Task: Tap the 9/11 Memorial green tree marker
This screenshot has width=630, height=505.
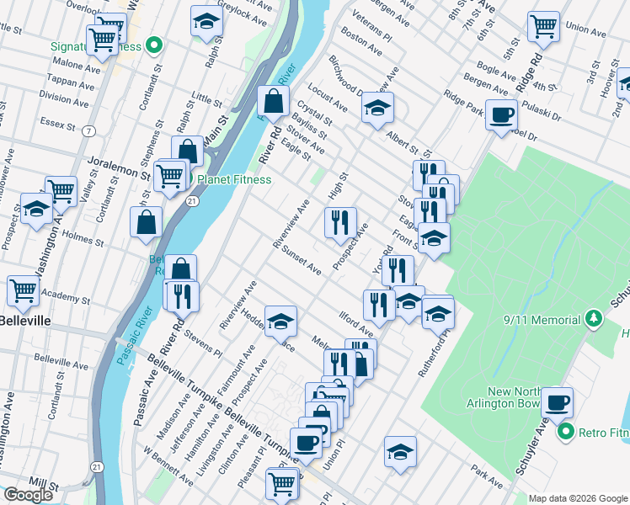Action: (x=595, y=318)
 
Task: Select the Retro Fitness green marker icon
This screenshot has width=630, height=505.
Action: (x=565, y=433)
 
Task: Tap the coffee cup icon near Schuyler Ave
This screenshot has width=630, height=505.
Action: (x=557, y=401)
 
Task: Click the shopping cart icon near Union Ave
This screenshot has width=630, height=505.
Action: (x=543, y=25)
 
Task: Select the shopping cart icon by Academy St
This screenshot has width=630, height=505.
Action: (x=23, y=290)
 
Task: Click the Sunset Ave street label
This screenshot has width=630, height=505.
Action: (x=302, y=261)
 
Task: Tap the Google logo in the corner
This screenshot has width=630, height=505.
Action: (x=28, y=495)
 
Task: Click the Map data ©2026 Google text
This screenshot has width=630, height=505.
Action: (x=577, y=498)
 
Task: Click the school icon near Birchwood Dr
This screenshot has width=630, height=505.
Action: (x=378, y=107)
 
